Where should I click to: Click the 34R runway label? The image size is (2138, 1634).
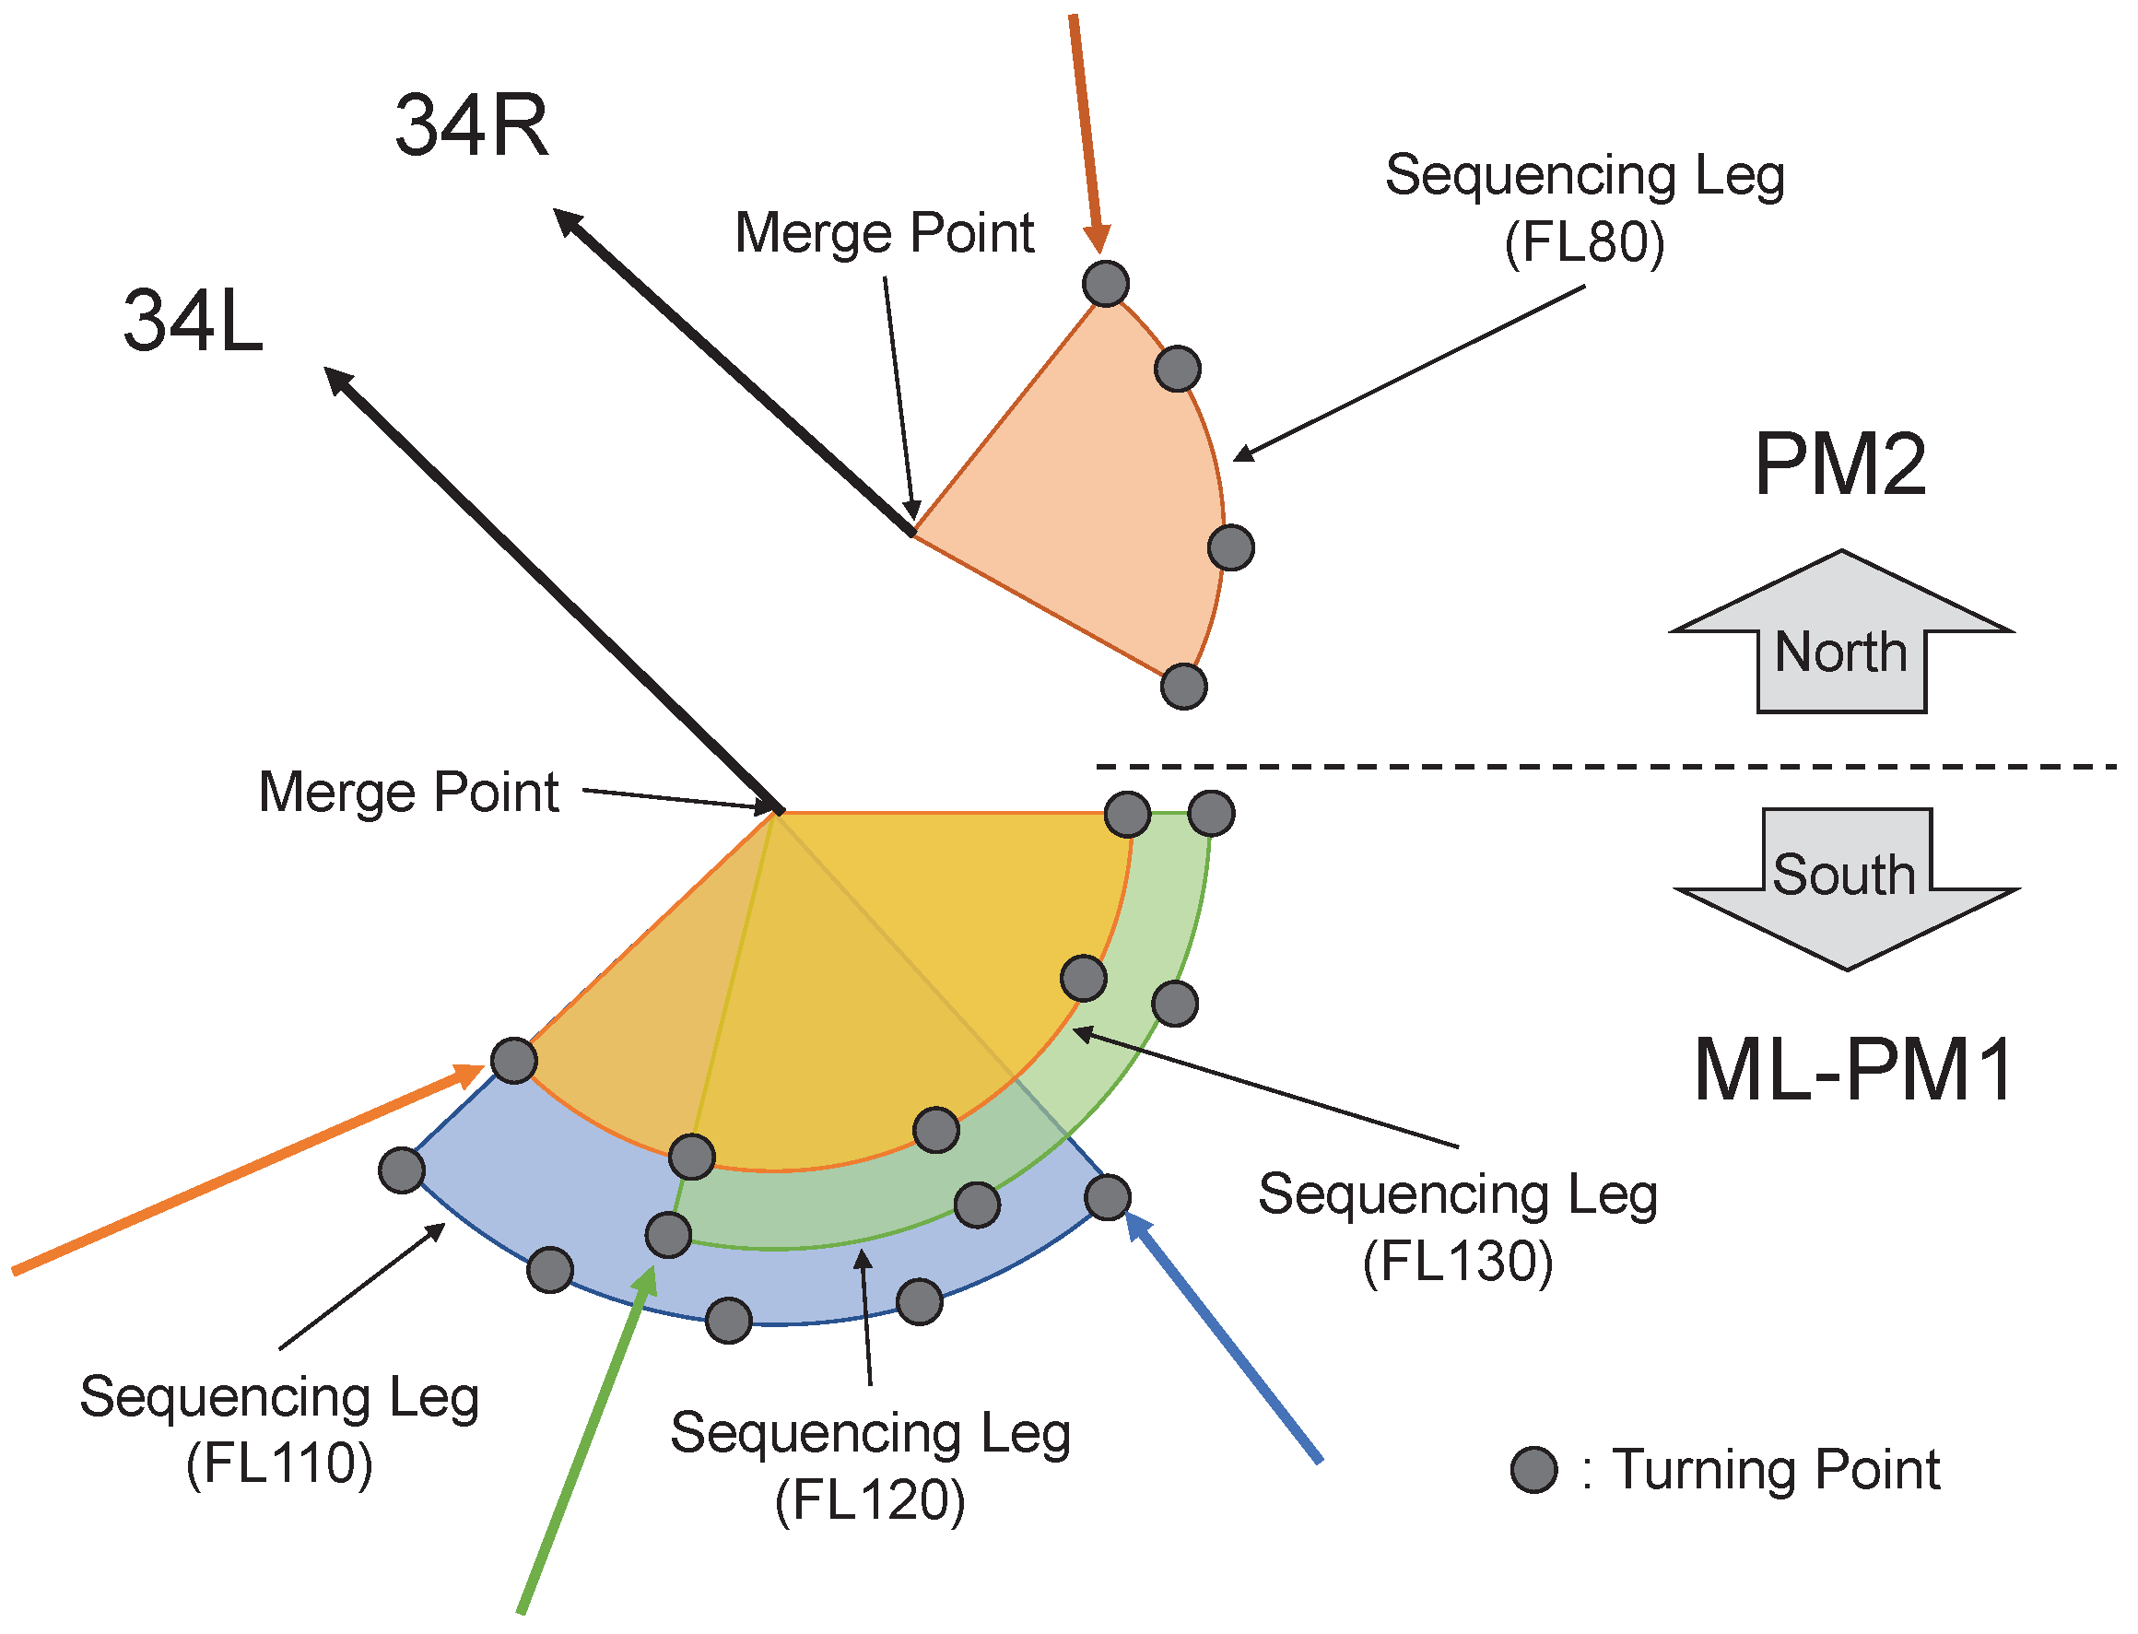[x=471, y=125]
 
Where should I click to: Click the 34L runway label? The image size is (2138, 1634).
[x=193, y=321]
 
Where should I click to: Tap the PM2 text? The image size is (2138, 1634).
[x=1838, y=464]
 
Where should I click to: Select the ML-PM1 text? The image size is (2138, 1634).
[x=1852, y=1071]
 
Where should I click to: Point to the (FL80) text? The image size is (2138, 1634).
[x=1583, y=242]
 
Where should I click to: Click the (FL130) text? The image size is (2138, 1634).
[x=1457, y=1262]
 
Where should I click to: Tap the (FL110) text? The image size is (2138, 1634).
[x=279, y=1464]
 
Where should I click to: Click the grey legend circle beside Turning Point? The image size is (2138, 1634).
[x=1534, y=1469]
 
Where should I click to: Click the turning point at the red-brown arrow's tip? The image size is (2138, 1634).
[x=1105, y=284]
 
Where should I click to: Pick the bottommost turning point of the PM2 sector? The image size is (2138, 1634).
[x=1182, y=687]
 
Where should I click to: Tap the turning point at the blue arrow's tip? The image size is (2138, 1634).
[x=1107, y=1196]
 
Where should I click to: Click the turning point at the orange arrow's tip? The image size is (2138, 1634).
[x=513, y=1060]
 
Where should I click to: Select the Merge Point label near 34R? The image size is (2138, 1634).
[x=883, y=233]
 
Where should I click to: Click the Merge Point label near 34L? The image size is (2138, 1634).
[x=408, y=792]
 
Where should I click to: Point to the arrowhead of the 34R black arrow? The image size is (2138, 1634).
[x=568, y=223]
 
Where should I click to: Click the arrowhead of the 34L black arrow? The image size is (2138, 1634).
[x=338, y=382]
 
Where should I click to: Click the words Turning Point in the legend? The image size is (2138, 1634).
[x=1776, y=1469]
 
